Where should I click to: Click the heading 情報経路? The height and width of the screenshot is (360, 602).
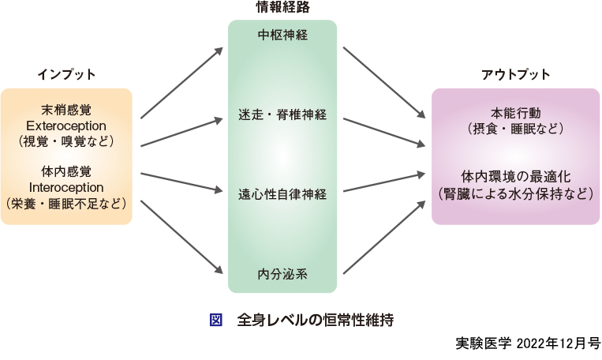pyautogui.click(x=282, y=8)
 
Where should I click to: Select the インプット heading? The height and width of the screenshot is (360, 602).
pyautogui.click(x=66, y=74)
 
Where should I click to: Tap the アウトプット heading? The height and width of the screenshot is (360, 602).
pyautogui.click(x=516, y=74)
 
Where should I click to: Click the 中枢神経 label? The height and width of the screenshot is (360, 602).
pyautogui.click(x=282, y=36)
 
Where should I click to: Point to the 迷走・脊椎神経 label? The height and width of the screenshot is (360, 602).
pyautogui.click(x=282, y=115)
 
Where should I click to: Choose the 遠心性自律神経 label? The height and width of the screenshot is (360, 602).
pyautogui.click(x=282, y=193)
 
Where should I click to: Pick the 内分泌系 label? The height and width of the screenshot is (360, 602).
pyautogui.click(x=282, y=274)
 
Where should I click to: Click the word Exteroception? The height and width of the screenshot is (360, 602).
pyautogui.click(x=66, y=126)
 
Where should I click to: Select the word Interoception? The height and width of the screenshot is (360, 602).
pyautogui.click(x=66, y=187)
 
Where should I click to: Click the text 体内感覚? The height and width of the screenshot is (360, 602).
pyautogui.click(x=66, y=171)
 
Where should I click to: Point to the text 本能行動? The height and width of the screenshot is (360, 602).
pyautogui.click(x=516, y=111)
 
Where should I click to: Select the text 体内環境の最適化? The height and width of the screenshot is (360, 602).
pyautogui.click(x=516, y=174)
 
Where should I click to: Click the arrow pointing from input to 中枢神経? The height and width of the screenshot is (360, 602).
pyautogui.click(x=181, y=83)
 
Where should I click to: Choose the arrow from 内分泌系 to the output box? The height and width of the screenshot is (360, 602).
pyautogui.click(x=382, y=238)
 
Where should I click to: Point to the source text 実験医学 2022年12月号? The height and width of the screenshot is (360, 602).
pyautogui.click(x=528, y=344)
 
